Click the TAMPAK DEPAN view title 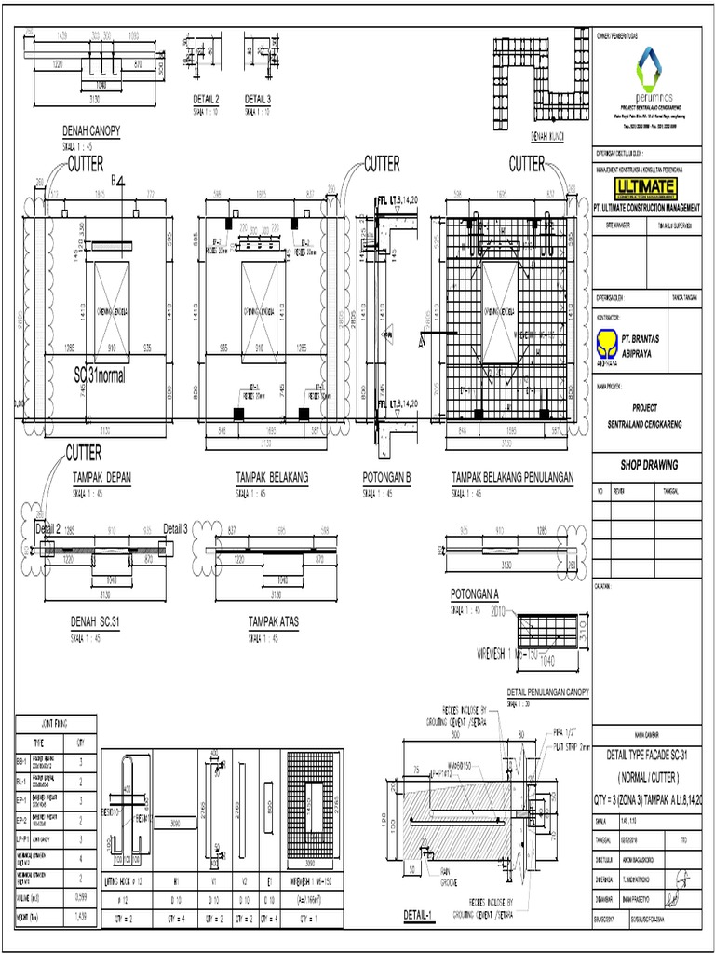pyautogui.click(x=102, y=476)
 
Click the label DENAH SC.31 pyautogui.click(x=97, y=620)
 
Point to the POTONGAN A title pyautogui.click(x=476, y=593)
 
